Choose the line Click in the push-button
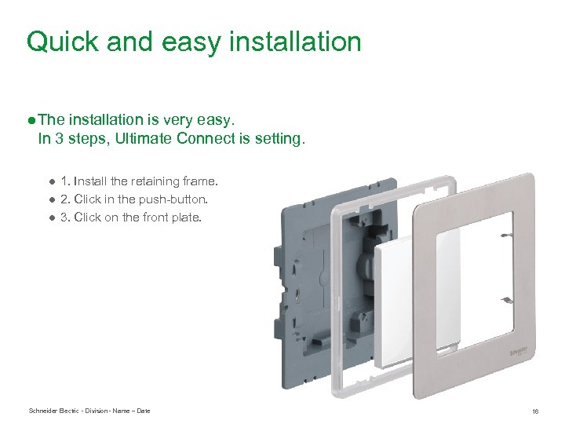140,199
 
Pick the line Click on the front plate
137,217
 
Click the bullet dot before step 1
49,182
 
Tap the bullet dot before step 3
49,218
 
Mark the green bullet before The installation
30,120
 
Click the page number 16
535,411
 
